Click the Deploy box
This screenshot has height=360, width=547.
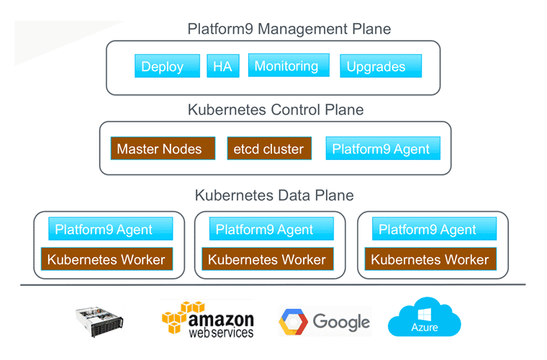pos(163,66)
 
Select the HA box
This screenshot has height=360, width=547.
pos(222,66)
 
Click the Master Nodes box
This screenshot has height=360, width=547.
pos(163,149)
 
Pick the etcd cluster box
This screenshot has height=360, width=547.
pos(269,149)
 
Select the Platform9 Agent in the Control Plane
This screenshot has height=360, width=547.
pos(381,149)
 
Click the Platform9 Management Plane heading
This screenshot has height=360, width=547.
pos(289,29)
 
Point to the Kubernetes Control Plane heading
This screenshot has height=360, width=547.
pos(276,110)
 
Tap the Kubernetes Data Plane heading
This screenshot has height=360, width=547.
pos(274,195)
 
